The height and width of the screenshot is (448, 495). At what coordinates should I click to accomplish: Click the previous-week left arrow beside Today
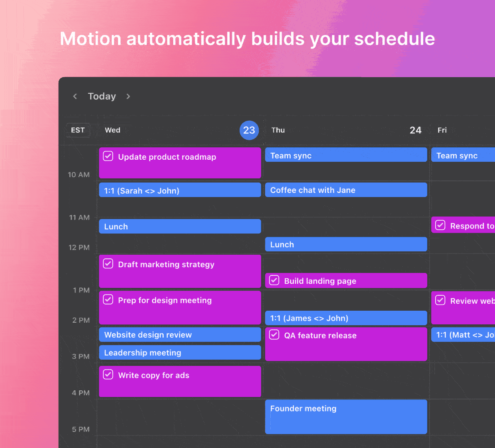point(75,96)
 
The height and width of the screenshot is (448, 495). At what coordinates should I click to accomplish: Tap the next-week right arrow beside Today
point(128,96)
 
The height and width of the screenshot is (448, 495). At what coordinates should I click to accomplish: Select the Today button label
point(102,96)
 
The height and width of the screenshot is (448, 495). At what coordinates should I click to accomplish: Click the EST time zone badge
point(78,130)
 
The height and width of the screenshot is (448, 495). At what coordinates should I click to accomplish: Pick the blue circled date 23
point(249,130)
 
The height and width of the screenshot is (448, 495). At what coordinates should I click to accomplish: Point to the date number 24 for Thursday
point(415,130)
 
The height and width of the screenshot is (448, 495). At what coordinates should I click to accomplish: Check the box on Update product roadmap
point(108,156)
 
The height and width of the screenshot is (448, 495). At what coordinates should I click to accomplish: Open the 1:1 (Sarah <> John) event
point(180,190)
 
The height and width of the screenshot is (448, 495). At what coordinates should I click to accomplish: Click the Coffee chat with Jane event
point(346,190)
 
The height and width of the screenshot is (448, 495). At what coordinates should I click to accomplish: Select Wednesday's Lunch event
point(180,226)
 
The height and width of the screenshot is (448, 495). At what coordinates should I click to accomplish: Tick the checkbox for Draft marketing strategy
point(108,264)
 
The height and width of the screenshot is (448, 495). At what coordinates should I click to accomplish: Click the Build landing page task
point(346,281)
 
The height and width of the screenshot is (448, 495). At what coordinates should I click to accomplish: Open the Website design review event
point(180,335)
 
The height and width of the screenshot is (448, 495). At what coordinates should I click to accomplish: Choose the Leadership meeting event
point(180,353)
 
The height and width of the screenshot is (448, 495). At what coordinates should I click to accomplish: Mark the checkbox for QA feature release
point(274,335)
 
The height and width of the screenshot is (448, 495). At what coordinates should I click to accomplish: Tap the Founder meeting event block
point(346,416)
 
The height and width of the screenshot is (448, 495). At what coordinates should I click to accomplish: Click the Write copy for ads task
point(180,381)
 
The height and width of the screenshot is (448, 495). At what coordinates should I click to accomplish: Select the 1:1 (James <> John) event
point(346,318)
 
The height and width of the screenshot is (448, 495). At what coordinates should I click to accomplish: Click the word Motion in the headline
point(91,39)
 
